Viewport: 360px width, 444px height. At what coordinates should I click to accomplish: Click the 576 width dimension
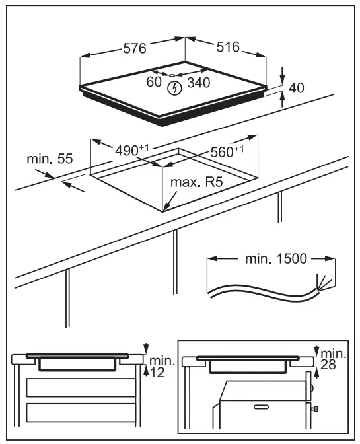point(135,48)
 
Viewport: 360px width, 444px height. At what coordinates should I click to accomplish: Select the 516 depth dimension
point(227,48)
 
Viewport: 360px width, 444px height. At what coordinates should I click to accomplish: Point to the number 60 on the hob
point(153,83)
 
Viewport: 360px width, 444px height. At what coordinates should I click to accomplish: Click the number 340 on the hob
point(199,83)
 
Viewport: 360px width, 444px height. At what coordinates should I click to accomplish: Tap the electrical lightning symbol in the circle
point(175,87)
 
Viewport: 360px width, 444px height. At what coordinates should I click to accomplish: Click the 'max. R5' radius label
point(196,182)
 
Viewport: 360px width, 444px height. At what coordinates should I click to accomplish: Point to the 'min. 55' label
point(50,159)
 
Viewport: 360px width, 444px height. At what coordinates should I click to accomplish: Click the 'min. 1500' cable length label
point(276,258)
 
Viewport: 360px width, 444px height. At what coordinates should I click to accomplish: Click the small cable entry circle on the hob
point(173,75)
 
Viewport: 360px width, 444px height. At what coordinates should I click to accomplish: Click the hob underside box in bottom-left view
point(78,364)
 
